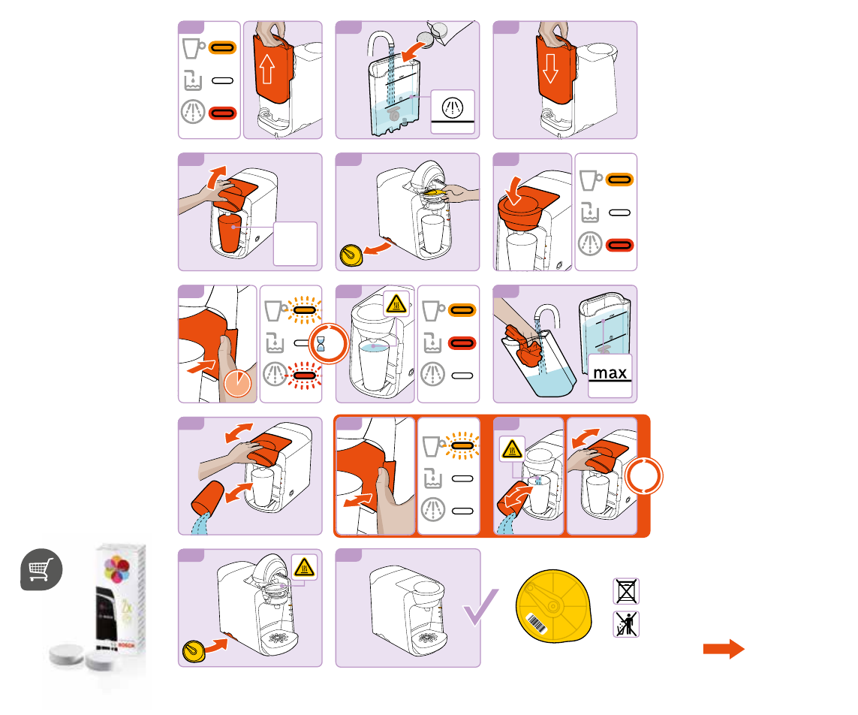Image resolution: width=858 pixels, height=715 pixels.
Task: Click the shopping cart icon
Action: [41, 569]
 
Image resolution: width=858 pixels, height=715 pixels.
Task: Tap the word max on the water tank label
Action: [610, 372]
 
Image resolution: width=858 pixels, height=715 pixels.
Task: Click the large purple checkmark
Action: [481, 607]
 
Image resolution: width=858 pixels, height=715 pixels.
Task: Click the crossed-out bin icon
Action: [626, 592]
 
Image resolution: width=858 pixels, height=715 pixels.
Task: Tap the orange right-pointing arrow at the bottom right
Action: [723, 649]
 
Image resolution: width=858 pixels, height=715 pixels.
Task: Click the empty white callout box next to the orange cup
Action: [295, 243]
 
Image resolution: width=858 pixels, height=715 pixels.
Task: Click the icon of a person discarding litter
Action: [626, 624]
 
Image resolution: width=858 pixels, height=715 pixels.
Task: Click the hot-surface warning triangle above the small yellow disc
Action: [304, 567]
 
